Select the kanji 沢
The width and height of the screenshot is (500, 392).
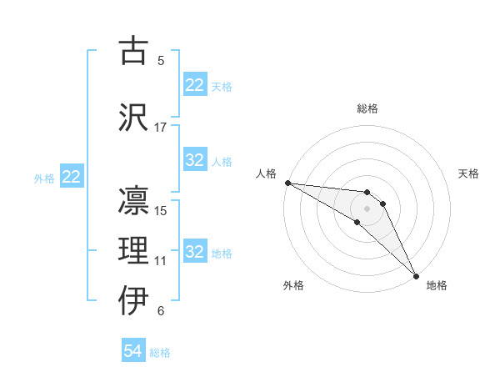click(x=133, y=117)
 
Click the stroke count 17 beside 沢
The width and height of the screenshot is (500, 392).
click(x=161, y=128)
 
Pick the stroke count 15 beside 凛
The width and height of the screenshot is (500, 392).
click(x=161, y=210)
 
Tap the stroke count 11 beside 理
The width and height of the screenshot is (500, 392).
click(x=161, y=261)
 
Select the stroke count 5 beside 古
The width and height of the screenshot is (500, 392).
click(x=161, y=60)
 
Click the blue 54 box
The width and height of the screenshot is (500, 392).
click(x=133, y=351)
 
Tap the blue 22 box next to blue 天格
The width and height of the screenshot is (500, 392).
click(x=195, y=85)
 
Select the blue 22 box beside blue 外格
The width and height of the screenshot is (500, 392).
click(x=72, y=177)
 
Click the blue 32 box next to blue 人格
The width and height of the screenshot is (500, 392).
click(x=195, y=160)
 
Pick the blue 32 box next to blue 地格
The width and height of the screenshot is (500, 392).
click(x=195, y=252)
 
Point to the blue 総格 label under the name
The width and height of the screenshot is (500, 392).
click(x=160, y=353)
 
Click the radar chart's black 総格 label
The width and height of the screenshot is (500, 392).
click(x=367, y=108)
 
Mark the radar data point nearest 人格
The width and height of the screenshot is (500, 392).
click(x=287, y=183)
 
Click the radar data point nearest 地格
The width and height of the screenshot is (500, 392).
click(x=416, y=275)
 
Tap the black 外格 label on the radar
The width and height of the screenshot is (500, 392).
click(x=293, y=285)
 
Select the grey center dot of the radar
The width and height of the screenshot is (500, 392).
click(x=367, y=208)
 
